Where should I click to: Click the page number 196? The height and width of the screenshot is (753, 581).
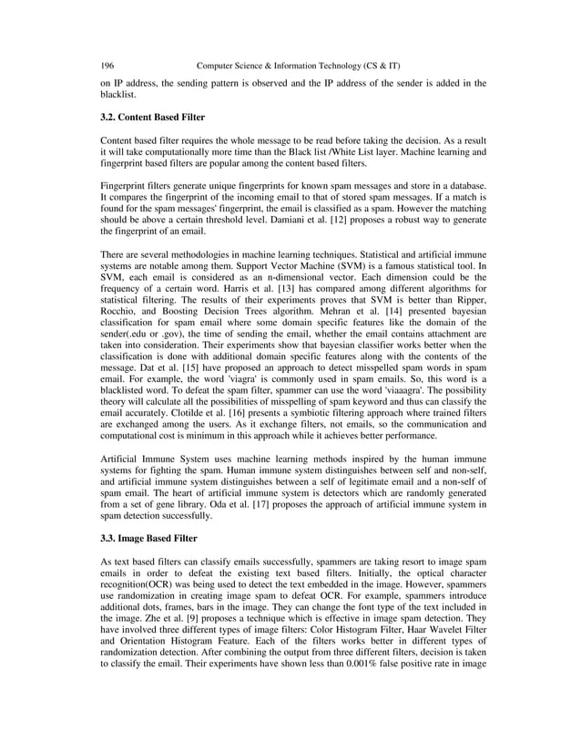107,66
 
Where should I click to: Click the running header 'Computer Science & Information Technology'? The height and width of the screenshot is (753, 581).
273,66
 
